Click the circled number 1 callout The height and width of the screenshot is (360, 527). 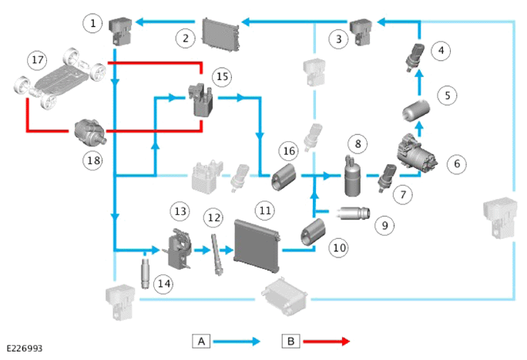click(92, 23)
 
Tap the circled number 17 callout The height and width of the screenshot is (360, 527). click(37, 60)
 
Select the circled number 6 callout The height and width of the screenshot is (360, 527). click(457, 164)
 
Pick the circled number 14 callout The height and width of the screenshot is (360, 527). click(163, 284)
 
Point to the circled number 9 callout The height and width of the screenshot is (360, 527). click(384, 225)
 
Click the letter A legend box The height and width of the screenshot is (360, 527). click(201, 341)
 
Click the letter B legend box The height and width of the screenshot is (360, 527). click(291, 341)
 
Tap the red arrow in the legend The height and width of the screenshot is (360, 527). click(327, 341)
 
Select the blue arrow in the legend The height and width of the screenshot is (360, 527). click(237, 341)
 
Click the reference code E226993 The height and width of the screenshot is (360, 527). click(25, 348)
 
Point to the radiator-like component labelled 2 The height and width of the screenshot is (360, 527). click(220, 35)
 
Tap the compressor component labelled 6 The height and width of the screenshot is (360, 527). click(417, 153)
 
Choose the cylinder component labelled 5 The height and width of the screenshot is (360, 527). click(416, 110)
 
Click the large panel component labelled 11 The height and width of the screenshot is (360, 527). click(257, 245)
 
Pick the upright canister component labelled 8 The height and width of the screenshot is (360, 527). click(351, 176)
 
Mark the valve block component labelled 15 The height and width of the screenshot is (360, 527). click(200, 100)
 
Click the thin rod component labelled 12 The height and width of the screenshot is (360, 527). click(216, 255)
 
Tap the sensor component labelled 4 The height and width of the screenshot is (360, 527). click(414, 57)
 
